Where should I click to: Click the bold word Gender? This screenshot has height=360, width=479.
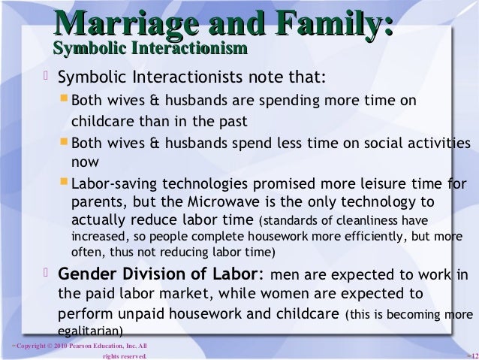point(84,274)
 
